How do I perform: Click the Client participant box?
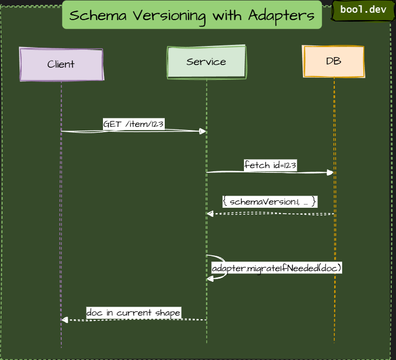point(61,64)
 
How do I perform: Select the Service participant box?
point(206,62)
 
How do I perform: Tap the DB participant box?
point(334,61)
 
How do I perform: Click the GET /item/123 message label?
point(133,124)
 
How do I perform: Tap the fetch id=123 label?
point(270,165)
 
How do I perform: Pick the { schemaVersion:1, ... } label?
point(269,201)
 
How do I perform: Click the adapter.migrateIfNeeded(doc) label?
point(277,268)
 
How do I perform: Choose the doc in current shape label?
point(134,312)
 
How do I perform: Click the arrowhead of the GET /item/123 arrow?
point(203,131)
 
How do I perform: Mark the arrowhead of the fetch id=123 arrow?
point(331,172)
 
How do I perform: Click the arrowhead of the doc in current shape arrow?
point(64,319)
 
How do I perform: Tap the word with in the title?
point(227,15)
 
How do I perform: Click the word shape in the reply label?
point(168,312)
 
